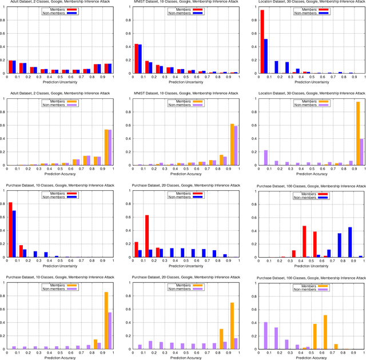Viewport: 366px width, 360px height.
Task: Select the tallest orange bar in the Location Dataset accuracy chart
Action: pyautogui.click(x=358, y=134)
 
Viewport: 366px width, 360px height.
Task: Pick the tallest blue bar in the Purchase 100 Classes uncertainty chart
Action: pyautogui.click(x=350, y=242)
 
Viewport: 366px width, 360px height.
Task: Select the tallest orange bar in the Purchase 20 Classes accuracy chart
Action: pyautogui.click(x=232, y=326)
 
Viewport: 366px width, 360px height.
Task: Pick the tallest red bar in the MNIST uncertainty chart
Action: pyautogui.click(x=137, y=59)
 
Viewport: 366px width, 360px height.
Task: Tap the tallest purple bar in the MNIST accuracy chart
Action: pyautogui.click(x=234, y=146)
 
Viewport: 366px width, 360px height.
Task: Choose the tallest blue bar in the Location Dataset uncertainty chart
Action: pyautogui.click(x=266, y=56)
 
